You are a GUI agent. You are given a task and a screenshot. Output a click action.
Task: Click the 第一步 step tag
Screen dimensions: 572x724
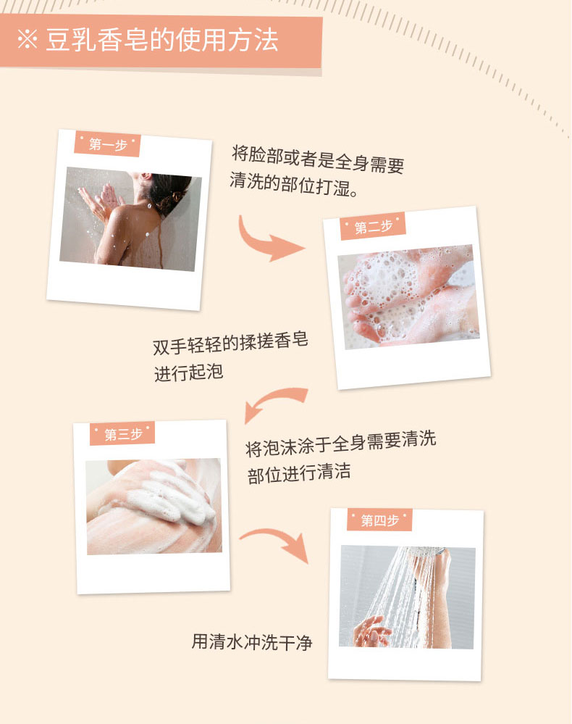(107, 144)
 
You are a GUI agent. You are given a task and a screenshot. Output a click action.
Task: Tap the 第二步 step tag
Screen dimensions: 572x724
(373, 226)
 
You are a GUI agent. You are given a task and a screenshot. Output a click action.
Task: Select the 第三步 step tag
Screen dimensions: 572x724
(122, 434)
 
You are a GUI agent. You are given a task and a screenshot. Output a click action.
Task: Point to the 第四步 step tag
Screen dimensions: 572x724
(379, 520)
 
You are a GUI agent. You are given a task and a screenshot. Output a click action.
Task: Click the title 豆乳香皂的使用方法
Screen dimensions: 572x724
(162, 40)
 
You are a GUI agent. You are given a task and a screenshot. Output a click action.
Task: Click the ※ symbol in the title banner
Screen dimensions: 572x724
(28, 40)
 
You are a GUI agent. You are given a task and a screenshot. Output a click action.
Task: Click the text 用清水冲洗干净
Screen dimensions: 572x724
(252, 642)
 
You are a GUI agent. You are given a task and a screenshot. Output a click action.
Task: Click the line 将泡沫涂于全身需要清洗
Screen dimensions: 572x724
(340, 444)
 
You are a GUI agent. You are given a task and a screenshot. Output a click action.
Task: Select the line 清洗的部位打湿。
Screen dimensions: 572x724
(293, 184)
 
